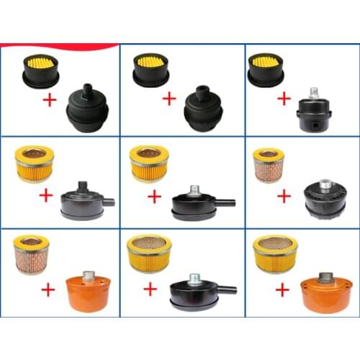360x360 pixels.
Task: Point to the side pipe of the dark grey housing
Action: click(x=109, y=202)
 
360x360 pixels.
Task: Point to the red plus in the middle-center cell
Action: click(x=154, y=197)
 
